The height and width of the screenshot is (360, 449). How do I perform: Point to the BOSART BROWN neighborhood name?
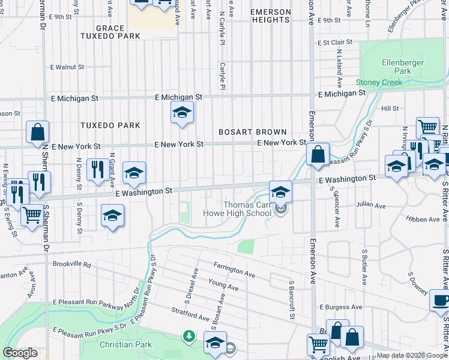[252, 131]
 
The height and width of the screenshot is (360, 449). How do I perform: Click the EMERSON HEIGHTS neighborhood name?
[270, 16]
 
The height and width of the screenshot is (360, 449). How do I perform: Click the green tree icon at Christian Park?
[189, 337]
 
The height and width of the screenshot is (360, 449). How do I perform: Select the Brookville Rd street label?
[70, 264]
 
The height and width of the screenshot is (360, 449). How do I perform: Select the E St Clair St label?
[334, 43]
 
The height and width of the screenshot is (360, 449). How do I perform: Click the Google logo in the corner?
[20, 353]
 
